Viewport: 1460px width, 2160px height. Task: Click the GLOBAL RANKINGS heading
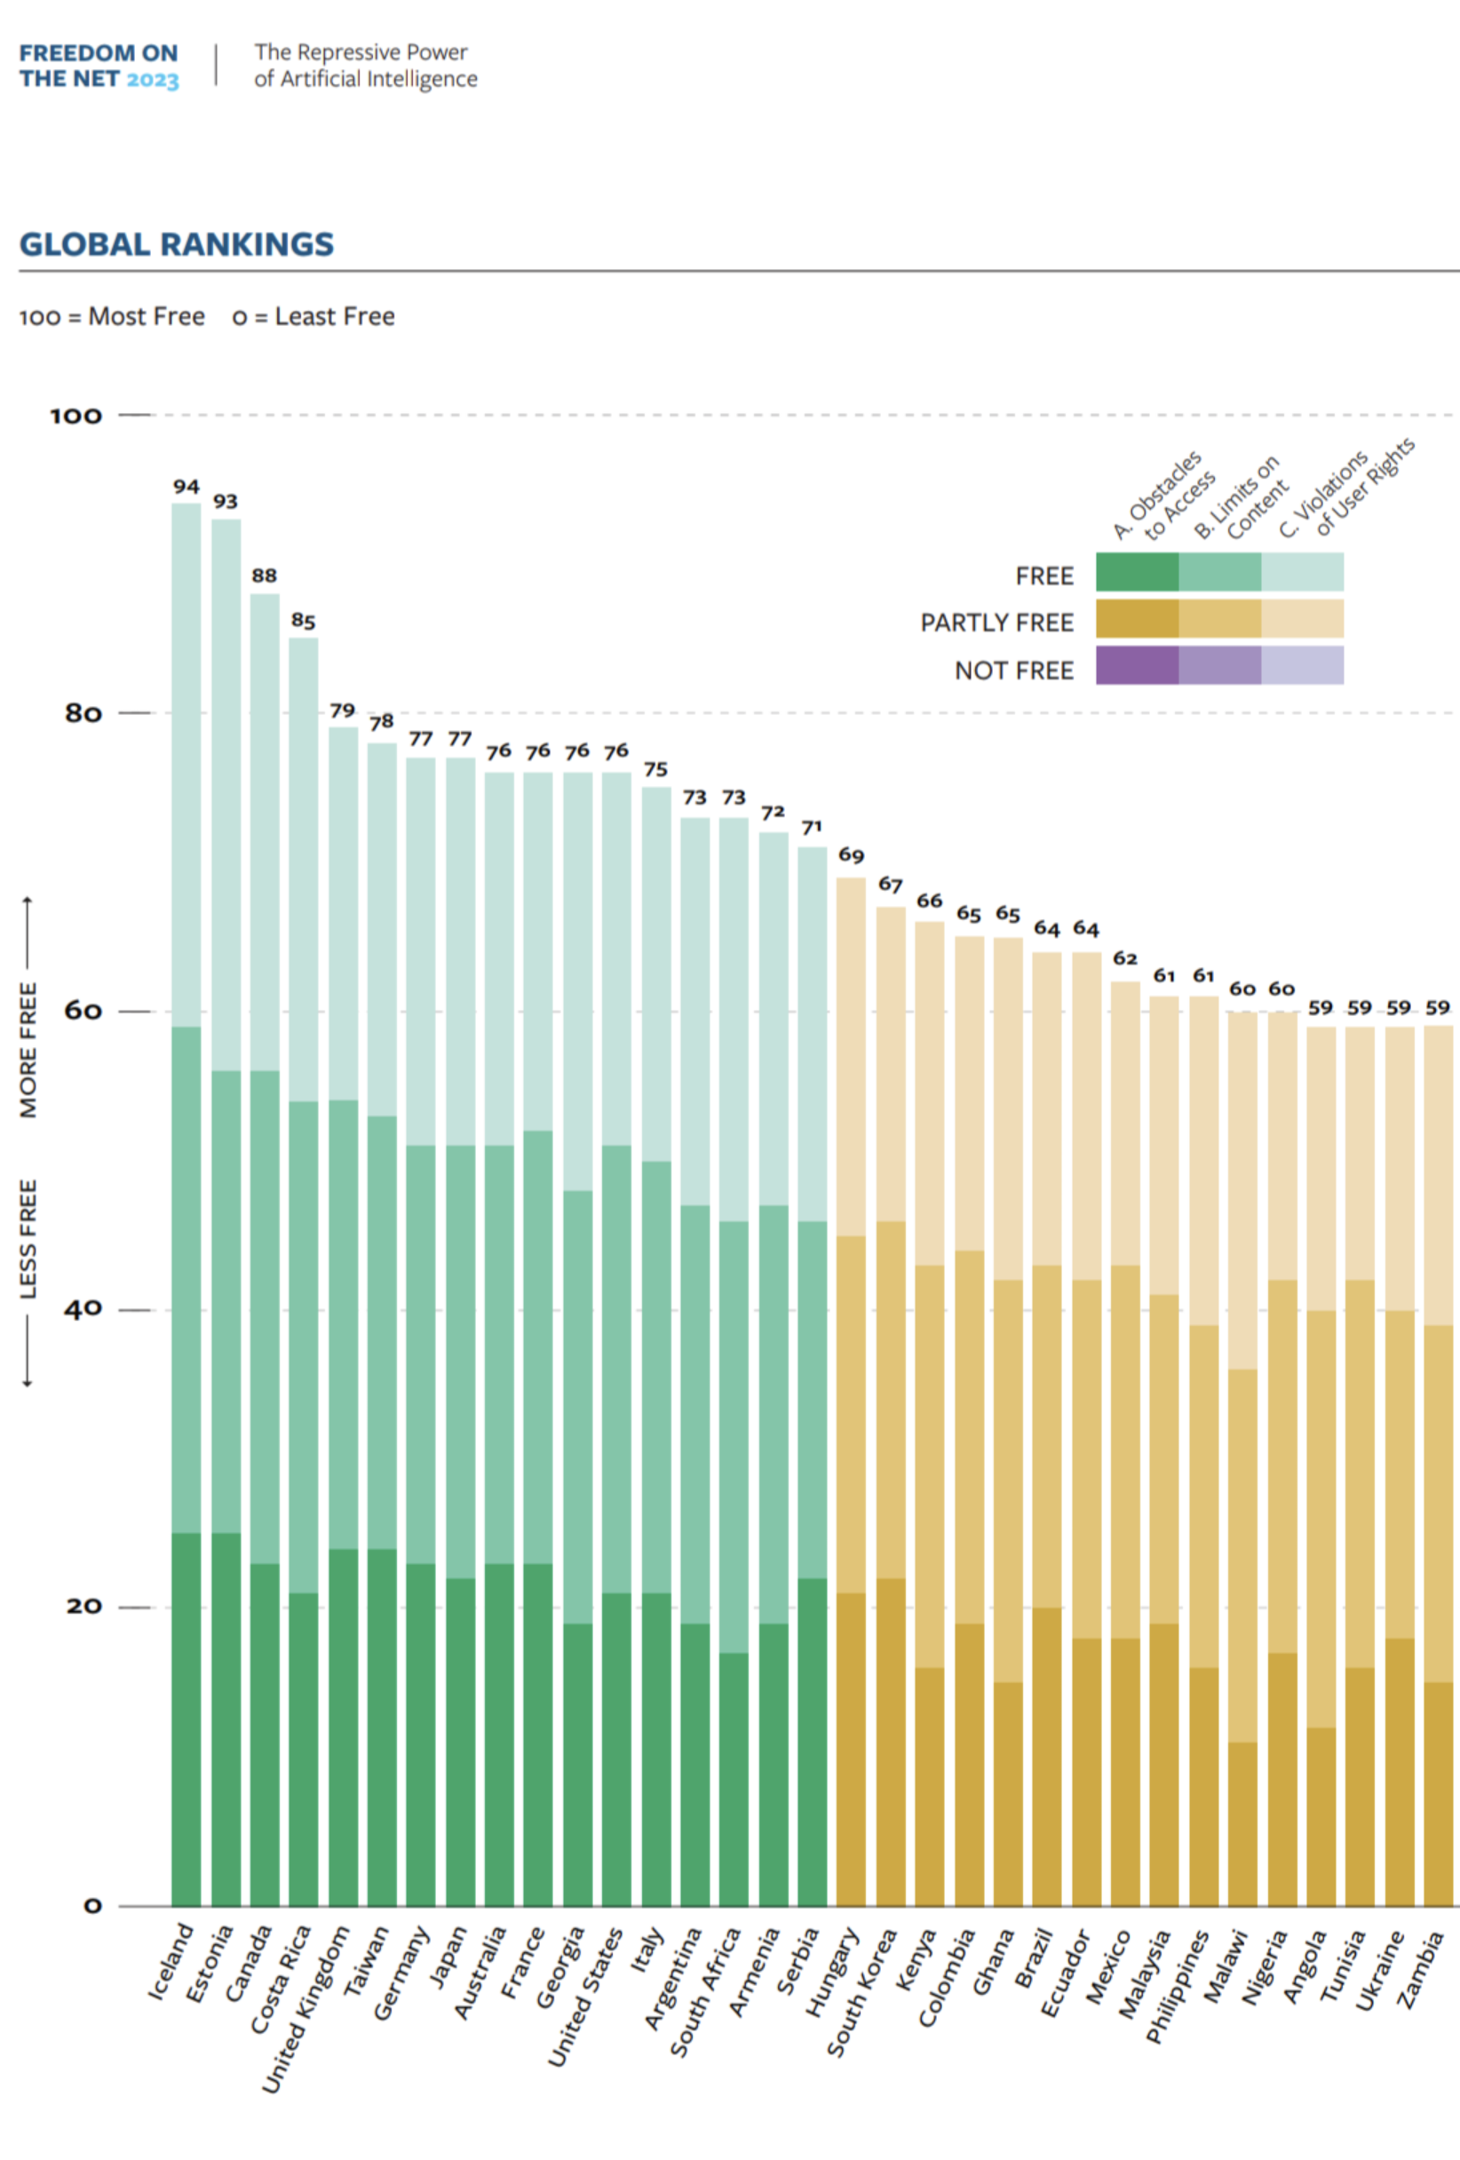[177, 244]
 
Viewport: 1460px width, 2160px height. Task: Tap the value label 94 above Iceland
[186, 486]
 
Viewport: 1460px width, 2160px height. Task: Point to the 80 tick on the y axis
[83, 713]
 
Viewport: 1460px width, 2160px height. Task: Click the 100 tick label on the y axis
[75, 416]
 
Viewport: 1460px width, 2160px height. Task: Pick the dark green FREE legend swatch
[1137, 572]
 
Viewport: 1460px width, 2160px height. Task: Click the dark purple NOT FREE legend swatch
[1137, 665]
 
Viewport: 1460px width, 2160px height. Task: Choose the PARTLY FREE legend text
[996, 623]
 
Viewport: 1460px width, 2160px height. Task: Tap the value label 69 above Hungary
[851, 855]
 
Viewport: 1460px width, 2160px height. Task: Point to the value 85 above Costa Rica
[303, 620]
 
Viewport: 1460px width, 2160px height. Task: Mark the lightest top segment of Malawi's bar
[1242, 1189]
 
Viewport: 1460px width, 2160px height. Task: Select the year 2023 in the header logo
[153, 80]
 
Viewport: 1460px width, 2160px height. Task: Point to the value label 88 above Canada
[264, 576]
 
